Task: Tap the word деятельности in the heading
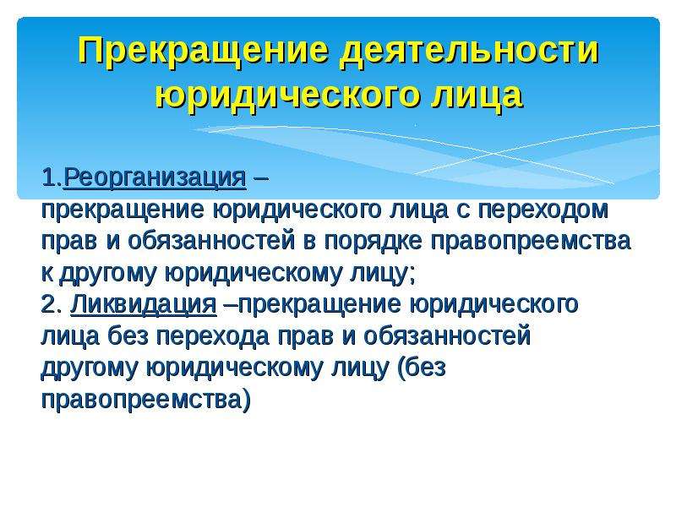coord(469,52)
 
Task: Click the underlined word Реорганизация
coord(155,177)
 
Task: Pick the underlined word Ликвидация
coord(144,304)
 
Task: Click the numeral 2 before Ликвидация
coord(49,304)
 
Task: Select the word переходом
coord(543,210)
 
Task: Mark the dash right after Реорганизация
coord(262,177)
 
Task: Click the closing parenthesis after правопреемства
coord(246,400)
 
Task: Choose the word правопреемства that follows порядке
coord(531,242)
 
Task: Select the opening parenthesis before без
coord(400,368)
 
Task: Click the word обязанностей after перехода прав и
coord(447,336)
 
